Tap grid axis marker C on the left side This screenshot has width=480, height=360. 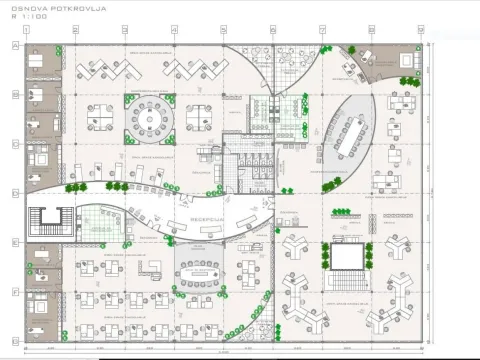pyautogui.click(x=15, y=143)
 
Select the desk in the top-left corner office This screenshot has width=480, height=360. pyautogui.click(x=41, y=62)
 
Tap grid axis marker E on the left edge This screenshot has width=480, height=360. pyautogui.click(x=15, y=241)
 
